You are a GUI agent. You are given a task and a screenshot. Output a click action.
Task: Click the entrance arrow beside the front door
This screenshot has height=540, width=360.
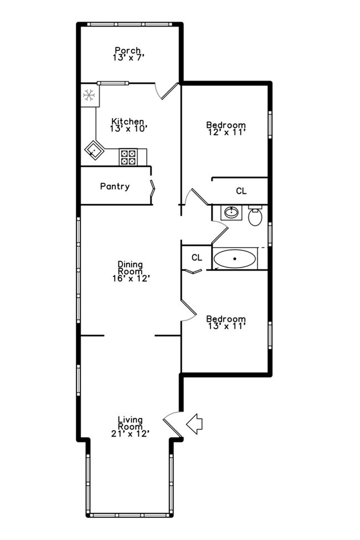pyautogui.click(x=194, y=424)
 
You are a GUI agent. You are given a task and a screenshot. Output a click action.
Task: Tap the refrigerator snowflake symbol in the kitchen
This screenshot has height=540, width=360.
pyautogui.click(x=89, y=95)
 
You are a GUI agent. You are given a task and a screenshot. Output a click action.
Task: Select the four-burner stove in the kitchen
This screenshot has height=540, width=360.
pyautogui.click(x=128, y=157)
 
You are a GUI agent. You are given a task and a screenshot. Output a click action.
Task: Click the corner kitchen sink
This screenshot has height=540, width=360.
pyautogui.click(x=94, y=150)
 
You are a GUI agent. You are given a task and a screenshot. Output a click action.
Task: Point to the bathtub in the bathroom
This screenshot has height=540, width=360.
pyautogui.click(x=235, y=259)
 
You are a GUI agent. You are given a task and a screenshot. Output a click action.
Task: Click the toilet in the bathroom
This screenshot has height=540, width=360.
pyautogui.click(x=255, y=215)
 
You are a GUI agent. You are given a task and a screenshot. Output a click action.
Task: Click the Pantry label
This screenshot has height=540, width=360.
pyautogui.click(x=115, y=187)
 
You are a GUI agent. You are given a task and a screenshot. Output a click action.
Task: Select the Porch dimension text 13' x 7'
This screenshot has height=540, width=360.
pyautogui.click(x=128, y=57)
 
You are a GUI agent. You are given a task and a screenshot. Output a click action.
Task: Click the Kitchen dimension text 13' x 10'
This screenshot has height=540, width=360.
pyautogui.click(x=128, y=128)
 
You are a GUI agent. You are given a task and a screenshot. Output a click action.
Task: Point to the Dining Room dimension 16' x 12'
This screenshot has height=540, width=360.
pyautogui.click(x=131, y=278)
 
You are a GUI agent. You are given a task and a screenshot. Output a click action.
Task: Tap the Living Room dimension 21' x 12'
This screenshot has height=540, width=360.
pyautogui.click(x=131, y=434)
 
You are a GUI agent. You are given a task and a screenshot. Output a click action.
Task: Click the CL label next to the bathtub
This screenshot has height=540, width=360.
pyautogui.click(x=197, y=258)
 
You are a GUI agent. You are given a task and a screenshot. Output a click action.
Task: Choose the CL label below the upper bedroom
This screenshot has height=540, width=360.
pyautogui.click(x=241, y=191)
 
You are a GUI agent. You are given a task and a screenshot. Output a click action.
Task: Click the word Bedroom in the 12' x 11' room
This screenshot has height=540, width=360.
pyautogui.click(x=225, y=125)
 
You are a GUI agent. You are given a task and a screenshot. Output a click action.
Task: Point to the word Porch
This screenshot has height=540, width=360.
pyautogui.click(x=128, y=50)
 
